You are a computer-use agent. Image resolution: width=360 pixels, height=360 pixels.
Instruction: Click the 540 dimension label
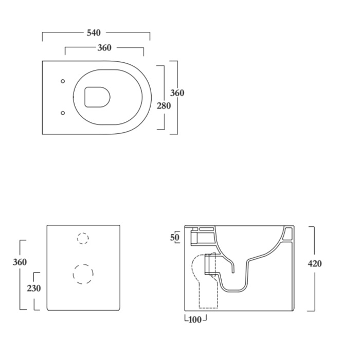pos(94,33)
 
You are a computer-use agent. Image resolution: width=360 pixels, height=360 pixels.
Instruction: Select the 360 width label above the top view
pos(104,48)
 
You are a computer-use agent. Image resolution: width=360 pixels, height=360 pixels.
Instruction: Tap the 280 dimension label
pos(164,106)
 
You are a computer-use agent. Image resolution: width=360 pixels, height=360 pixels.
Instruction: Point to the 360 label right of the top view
pos(177,93)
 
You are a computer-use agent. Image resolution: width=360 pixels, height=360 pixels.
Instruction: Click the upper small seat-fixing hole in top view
pos(63,81)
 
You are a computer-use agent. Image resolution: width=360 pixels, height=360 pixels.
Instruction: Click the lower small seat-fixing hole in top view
pos(63,113)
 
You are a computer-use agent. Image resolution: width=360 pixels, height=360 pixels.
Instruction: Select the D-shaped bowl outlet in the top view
pos(97,97)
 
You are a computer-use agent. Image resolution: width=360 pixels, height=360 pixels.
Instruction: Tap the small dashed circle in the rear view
pos(83,238)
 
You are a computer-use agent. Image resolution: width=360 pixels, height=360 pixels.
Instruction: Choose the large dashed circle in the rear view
pos(83,274)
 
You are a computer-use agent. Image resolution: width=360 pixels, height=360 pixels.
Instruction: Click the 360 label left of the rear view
pos(20,262)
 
